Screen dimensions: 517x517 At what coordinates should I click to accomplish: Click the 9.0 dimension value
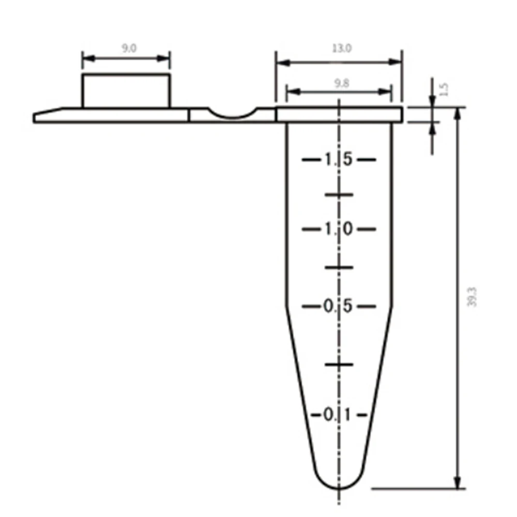click(x=126, y=49)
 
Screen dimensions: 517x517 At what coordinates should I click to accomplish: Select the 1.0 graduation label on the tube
click(x=339, y=229)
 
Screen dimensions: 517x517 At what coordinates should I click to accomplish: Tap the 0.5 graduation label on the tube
click(x=339, y=306)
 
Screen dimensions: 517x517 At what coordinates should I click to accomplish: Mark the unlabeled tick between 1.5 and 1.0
click(x=339, y=195)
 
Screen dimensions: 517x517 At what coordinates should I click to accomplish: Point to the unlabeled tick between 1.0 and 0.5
click(x=339, y=267)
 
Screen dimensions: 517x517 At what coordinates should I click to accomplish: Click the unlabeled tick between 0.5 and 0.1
click(x=339, y=364)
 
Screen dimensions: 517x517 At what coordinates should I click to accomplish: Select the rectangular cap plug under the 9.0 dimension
click(x=126, y=91)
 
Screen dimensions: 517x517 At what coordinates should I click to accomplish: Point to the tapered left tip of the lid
click(x=37, y=117)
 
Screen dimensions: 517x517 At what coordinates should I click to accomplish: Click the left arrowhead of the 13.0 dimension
click(x=279, y=62)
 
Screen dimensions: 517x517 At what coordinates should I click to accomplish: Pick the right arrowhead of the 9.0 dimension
click(x=166, y=57)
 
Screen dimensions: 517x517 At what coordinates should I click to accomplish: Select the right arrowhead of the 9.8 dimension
click(x=389, y=92)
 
